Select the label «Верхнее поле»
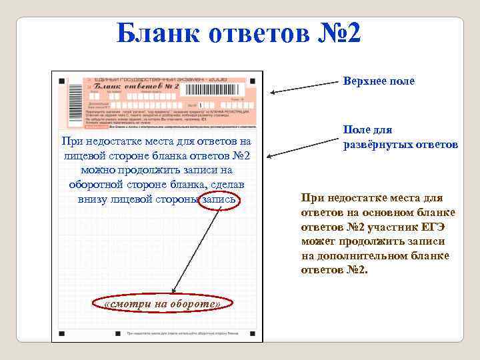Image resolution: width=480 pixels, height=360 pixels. point(379,81)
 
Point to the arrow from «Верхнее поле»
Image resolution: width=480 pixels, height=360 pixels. point(303,87)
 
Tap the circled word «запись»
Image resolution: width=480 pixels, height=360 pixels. point(219,199)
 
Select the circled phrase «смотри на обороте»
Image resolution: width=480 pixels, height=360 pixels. point(162,304)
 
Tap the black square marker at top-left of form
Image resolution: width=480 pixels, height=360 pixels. point(61,81)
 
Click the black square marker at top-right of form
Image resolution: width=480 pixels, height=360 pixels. point(253,81)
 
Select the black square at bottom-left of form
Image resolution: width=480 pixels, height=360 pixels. point(61,332)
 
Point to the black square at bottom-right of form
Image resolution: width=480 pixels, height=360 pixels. point(253,332)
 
